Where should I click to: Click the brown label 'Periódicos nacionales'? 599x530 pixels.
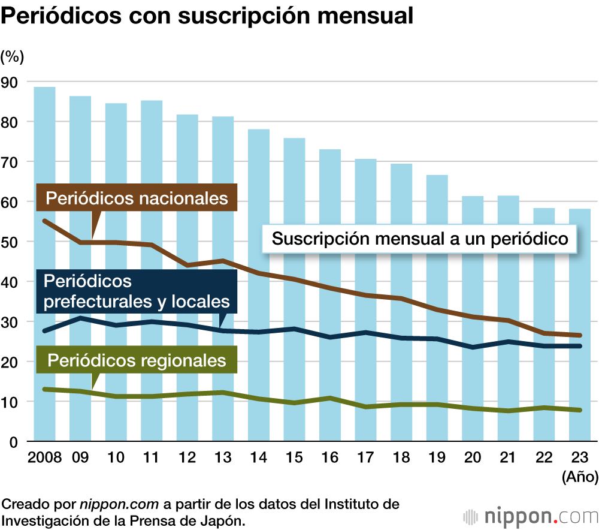137,198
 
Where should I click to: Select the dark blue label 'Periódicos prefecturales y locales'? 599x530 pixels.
137,291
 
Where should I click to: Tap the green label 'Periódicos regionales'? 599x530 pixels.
137,360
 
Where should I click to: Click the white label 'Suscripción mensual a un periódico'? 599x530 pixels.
419,239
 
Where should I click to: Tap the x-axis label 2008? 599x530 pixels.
44,457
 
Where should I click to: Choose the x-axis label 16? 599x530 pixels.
329,457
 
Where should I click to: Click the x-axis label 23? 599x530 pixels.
579,457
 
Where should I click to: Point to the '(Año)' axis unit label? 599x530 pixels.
580,477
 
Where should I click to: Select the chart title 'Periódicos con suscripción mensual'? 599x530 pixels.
207,16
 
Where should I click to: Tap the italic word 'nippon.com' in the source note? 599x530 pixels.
107,503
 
